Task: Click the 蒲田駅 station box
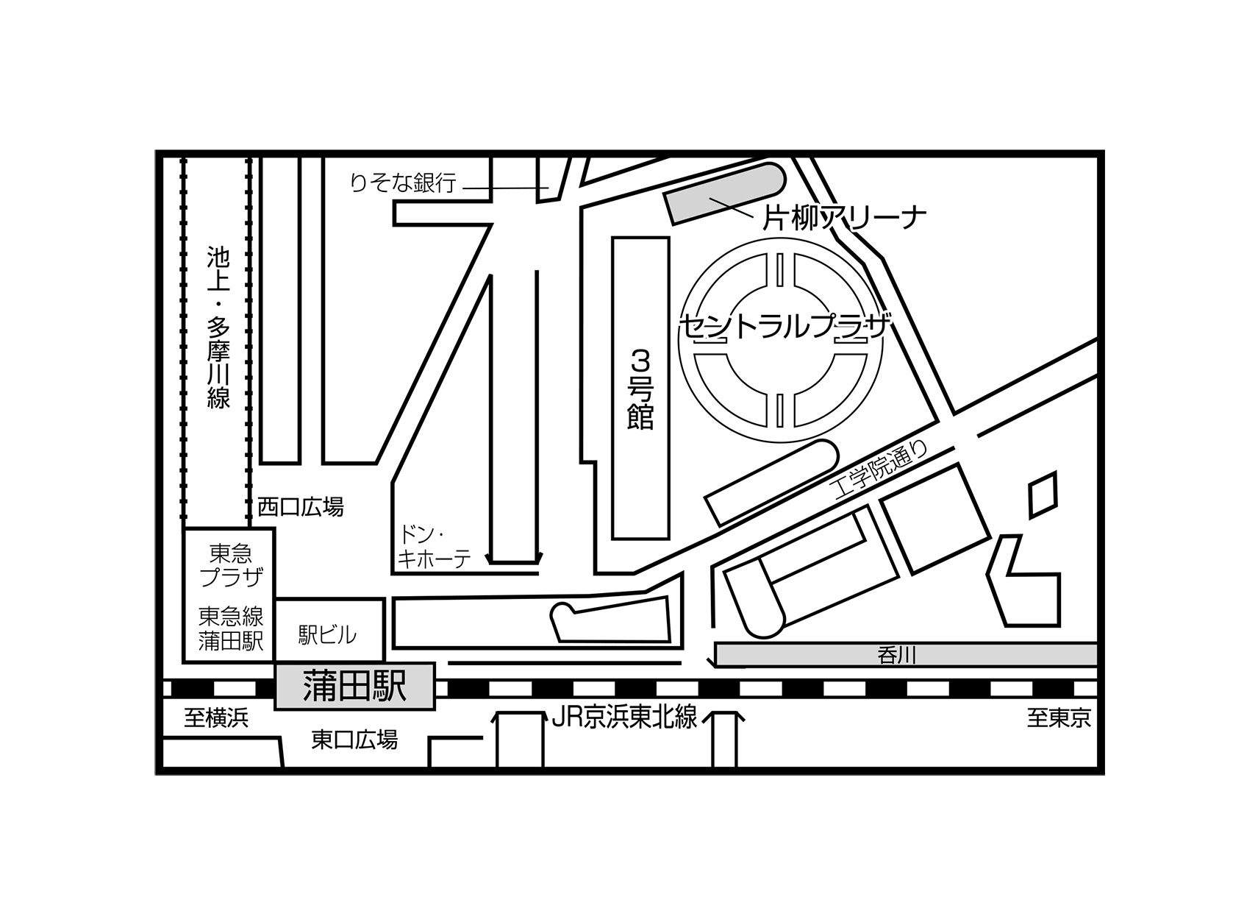pos(355,686)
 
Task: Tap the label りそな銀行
pos(403,183)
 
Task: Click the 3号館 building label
pos(640,389)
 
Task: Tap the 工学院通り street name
pos(882,470)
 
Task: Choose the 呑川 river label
pos(897,656)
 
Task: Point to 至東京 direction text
pos(1059,717)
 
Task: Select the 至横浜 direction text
pos(216,717)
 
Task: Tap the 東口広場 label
pos(354,740)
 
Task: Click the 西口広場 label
pos(301,507)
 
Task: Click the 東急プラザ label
pos(232,565)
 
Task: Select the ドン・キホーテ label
pos(434,548)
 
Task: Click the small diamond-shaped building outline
pos(1043,495)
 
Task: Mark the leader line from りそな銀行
pos(505,188)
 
